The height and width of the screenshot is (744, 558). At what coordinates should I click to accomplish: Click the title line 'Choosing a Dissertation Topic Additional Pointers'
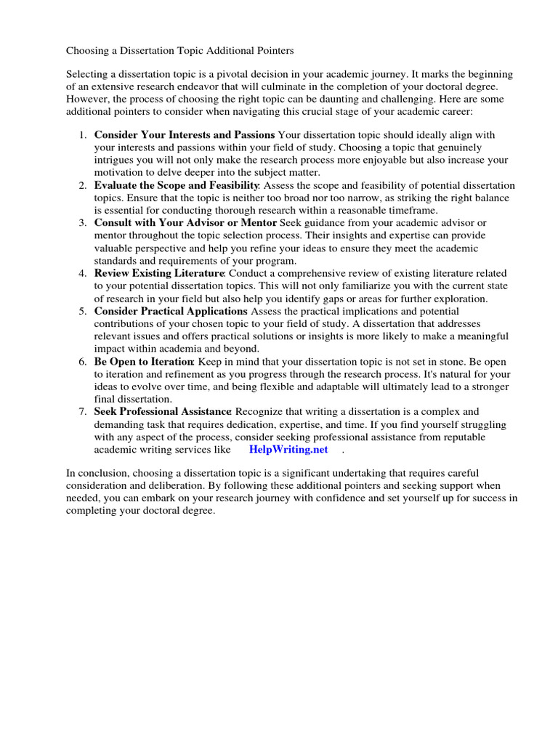[180, 51]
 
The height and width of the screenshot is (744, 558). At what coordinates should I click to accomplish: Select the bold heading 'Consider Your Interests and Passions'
[185, 135]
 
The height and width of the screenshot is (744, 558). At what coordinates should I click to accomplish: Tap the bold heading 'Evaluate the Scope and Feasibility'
[177, 186]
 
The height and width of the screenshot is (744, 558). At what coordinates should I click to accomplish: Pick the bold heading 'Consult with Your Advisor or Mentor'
[185, 223]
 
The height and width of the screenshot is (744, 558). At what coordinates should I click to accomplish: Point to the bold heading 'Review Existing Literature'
[159, 274]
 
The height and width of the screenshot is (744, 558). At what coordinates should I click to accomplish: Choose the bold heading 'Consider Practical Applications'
[171, 311]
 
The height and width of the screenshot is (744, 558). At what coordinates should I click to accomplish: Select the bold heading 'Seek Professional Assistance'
[163, 412]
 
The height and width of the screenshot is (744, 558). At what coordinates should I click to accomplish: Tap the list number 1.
[83, 135]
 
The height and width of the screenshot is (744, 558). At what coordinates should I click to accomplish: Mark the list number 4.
[83, 274]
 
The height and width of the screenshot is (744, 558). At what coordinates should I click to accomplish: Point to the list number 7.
[83, 412]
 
